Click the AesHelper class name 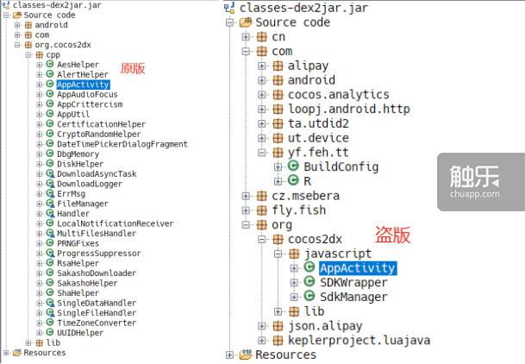coord(78,65)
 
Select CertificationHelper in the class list coord(101,124)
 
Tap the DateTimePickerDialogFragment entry coord(122,144)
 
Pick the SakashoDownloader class coord(97,273)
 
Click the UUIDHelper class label coord(80,333)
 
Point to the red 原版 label coord(133,68)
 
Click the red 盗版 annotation coord(392,235)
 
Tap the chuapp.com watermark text coord(474,194)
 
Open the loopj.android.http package coord(349,109)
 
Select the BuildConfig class coord(341,166)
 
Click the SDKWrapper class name coord(353,282)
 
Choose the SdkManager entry coord(353,297)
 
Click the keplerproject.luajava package coord(359,340)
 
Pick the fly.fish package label coord(298,210)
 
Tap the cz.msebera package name coord(305,196)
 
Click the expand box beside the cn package coord(246,37)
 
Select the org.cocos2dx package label coord(63,45)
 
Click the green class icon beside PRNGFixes coord(50,242)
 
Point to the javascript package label coord(338,254)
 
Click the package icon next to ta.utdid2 coord(278,123)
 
